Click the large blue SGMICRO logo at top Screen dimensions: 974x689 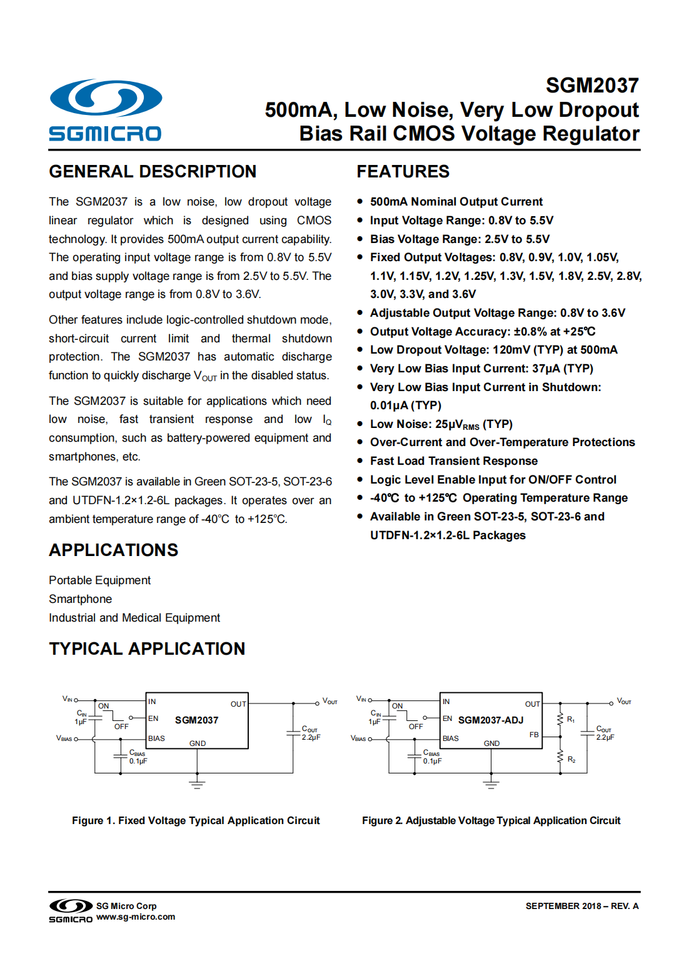click(105, 110)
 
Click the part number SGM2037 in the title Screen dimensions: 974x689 click(591, 85)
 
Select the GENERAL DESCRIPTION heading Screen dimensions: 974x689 click(153, 171)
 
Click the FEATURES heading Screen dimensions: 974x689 click(403, 171)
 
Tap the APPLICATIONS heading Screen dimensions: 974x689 click(113, 550)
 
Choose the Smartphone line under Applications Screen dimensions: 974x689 click(80, 599)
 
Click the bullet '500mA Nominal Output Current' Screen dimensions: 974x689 click(456, 201)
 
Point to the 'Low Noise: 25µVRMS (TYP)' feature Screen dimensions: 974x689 click(441, 424)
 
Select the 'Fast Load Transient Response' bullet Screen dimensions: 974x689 click(453, 460)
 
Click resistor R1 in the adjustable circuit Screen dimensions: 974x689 click(560, 719)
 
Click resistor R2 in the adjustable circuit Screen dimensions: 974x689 click(560, 757)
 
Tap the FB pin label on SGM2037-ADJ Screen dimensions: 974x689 click(533, 735)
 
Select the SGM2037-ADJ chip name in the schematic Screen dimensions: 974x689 click(490, 720)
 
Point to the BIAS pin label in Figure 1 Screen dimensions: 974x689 click(156, 738)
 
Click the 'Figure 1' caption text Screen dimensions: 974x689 click(196, 820)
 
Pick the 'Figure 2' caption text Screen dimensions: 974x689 click(491, 820)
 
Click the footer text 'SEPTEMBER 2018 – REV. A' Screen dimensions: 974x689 click(581, 906)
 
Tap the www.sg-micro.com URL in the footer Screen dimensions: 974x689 click(136, 917)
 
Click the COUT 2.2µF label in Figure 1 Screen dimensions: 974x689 click(310, 733)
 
